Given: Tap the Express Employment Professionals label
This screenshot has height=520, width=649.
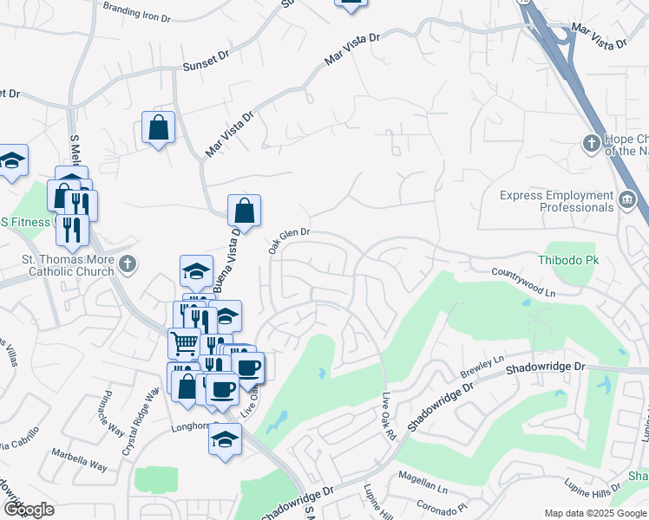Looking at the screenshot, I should pyautogui.click(x=556, y=201).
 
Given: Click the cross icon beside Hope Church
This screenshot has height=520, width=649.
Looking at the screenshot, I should pyautogui.click(x=592, y=143).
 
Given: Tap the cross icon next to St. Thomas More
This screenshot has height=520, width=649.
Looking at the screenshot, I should pyautogui.click(x=128, y=263).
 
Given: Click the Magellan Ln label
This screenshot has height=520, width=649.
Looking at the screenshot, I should pyautogui.click(x=422, y=477).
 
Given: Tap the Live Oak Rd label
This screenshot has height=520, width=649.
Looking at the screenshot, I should pyautogui.click(x=390, y=416).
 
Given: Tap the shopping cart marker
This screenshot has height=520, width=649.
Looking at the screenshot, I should pyautogui.click(x=184, y=344).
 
